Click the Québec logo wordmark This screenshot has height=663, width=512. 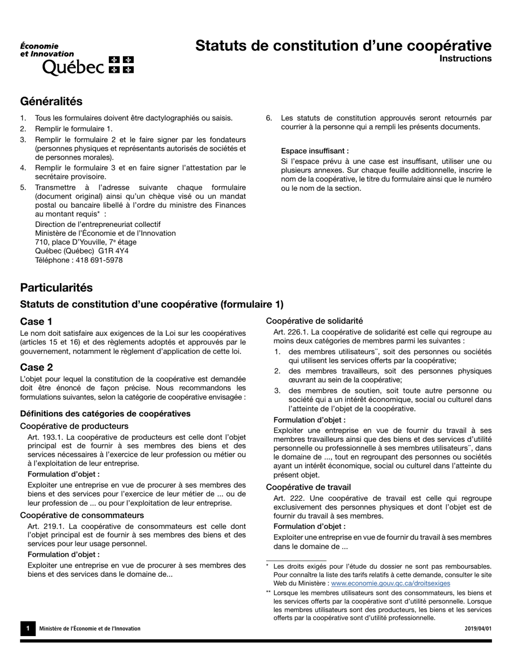pyautogui.click(x=73, y=67)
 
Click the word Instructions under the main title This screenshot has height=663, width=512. pyautogui.click(x=465, y=59)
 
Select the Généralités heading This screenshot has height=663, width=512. pyautogui.click(x=51, y=101)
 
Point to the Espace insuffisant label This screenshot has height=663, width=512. pyautogui.click(x=314, y=151)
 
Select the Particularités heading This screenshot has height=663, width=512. pyautogui.click(x=56, y=288)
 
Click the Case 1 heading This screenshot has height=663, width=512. pyautogui.click(x=36, y=322)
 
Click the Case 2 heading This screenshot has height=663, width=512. pyautogui.click(x=36, y=368)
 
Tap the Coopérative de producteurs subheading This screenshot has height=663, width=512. pyautogui.click(x=74, y=426)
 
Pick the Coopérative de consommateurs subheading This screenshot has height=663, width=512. pyautogui.click(x=81, y=515)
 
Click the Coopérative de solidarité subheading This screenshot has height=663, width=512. pyautogui.click(x=314, y=321)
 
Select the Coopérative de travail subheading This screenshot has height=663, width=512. pyautogui.click(x=308, y=487)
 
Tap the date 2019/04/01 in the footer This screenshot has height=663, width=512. pyautogui.click(x=478, y=629)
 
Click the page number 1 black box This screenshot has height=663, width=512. pyautogui.click(x=27, y=629)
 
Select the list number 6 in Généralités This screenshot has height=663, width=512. pyautogui.click(x=268, y=118)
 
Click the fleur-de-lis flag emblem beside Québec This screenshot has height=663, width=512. pyautogui.click(x=121, y=64)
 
